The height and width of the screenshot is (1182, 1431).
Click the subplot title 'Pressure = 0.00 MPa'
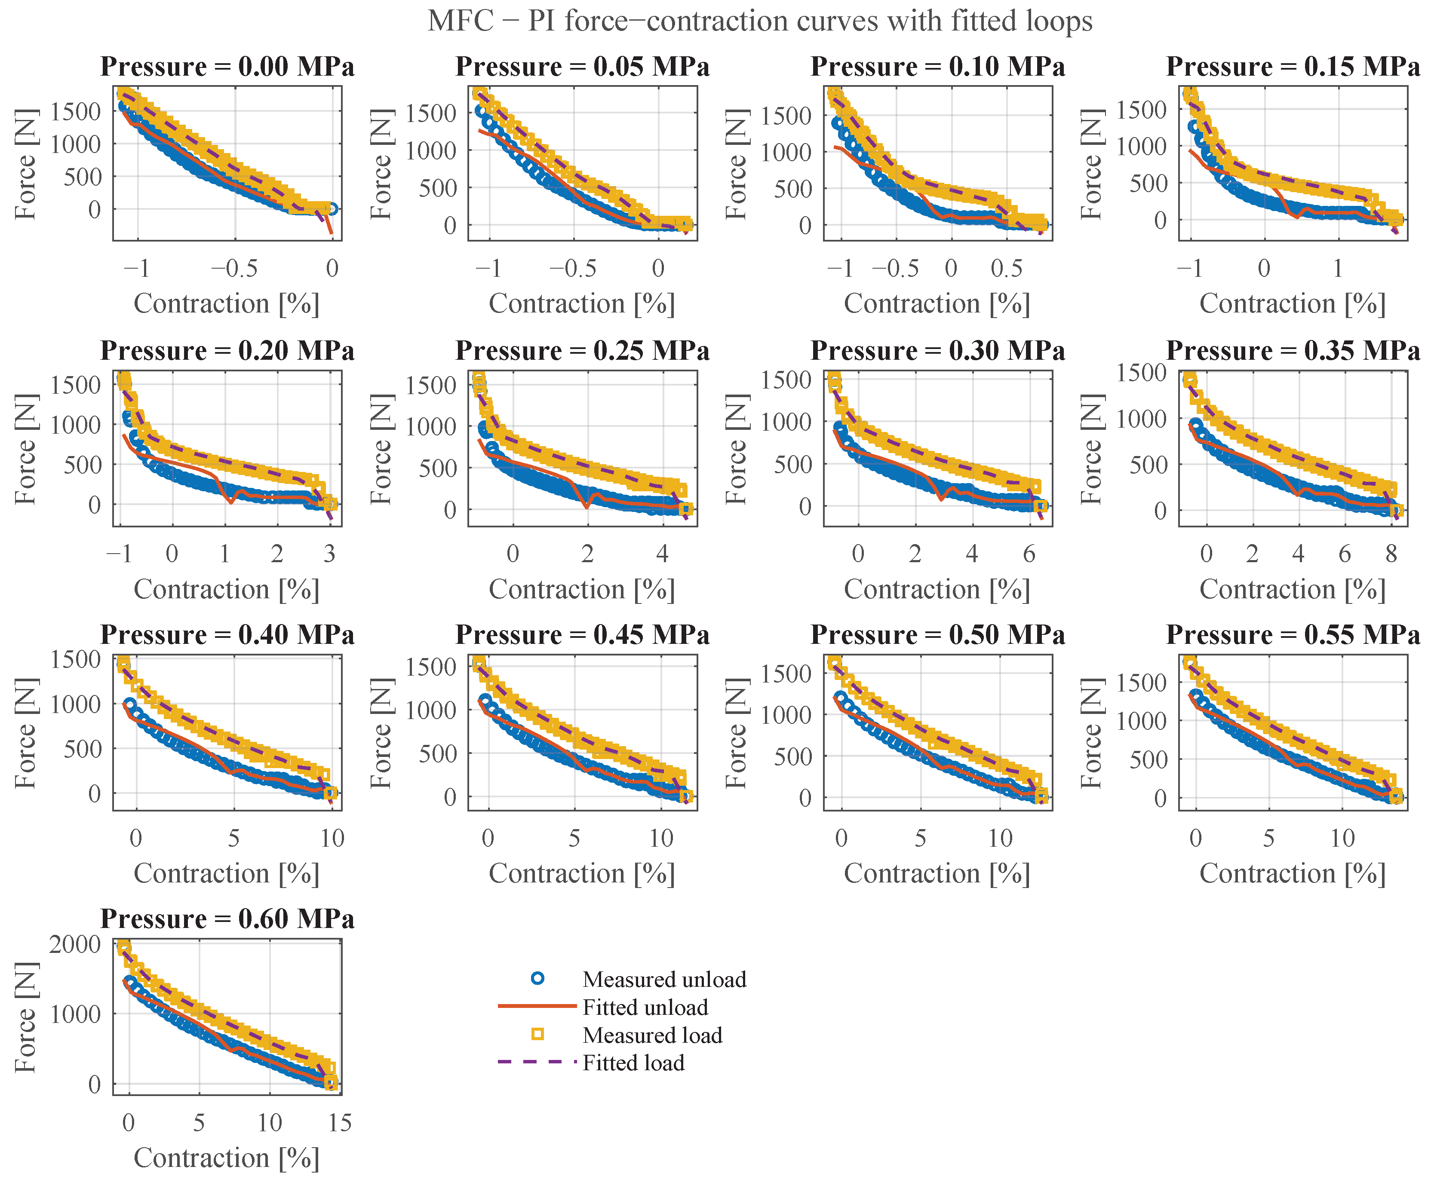pos(227,67)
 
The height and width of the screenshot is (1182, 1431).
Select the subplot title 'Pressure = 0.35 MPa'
pos(1293,351)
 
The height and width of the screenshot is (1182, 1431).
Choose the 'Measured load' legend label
pos(652,1035)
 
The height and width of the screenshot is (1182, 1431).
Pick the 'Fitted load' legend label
pos(633,1063)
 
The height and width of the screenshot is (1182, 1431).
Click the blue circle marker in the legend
pos(537,978)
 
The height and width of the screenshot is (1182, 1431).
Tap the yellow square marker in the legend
pos(537,1034)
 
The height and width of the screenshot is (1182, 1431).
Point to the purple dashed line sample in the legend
pos(537,1062)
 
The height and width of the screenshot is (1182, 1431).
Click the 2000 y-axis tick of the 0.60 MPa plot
pos(75,944)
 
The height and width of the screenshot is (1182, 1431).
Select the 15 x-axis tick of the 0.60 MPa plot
pos(339,1123)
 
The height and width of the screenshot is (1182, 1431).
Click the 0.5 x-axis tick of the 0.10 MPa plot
pos(1006,268)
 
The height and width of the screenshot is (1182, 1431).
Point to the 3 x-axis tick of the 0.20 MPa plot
pos(330,554)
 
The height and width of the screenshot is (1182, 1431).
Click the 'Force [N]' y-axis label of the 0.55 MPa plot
pos(1091,733)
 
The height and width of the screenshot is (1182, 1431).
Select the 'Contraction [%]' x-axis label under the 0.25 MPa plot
pos(582,590)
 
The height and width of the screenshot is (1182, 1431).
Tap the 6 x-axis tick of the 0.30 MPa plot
pos(1029,554)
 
